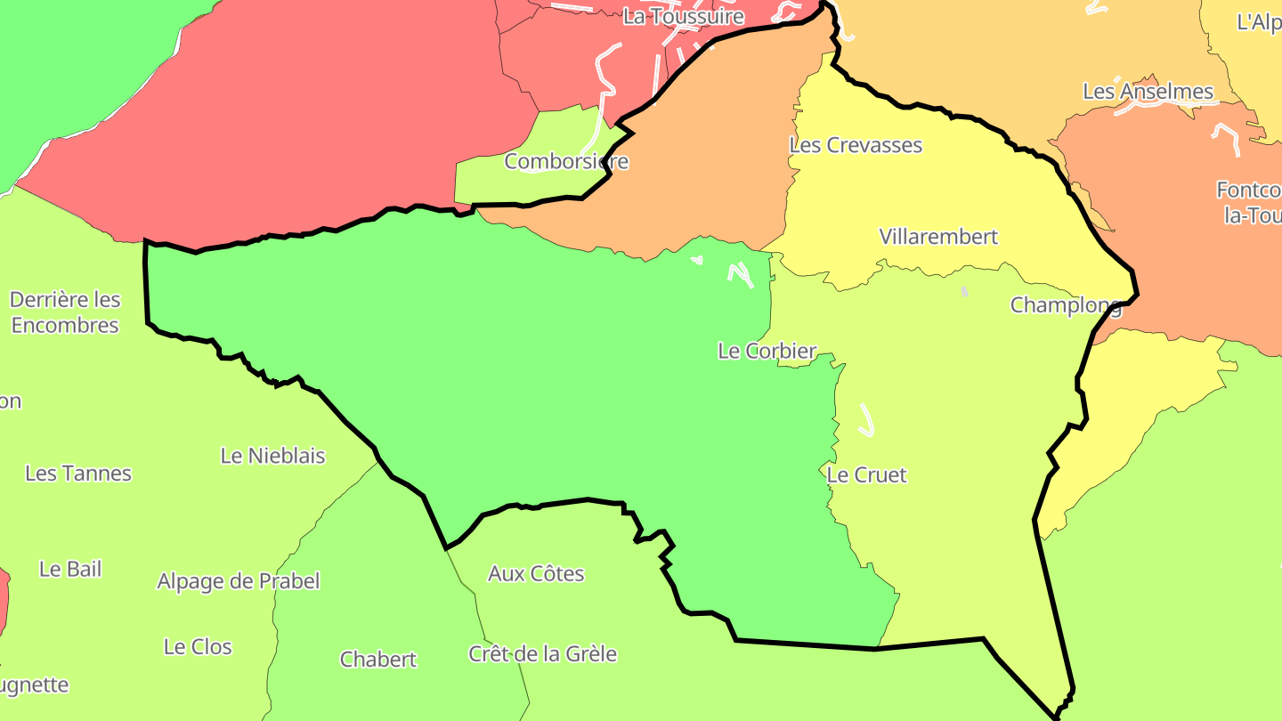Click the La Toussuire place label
(683, 16)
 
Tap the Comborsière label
(566, 162)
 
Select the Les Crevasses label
(856, 145)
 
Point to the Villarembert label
(938, 237)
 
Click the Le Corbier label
(767, 352)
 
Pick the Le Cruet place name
(866, 475)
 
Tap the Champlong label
(1065, 305)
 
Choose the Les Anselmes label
(1148, 92)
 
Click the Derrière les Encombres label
(65, 312)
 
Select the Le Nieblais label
(272, 456)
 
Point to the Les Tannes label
(78, 474)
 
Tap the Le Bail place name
(70, 569)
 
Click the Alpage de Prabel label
(238, 581)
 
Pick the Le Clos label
(198, 647)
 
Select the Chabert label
(377, 660)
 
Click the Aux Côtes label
(536, 574)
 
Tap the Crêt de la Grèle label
(542, 654)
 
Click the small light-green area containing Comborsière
(499, 182)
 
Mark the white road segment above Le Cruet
(866, 419)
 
